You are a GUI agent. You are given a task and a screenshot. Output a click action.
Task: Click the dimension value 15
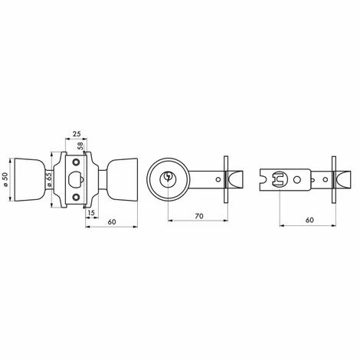pos(90,214)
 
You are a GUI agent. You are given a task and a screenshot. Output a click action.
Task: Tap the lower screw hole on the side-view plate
pos(75,199)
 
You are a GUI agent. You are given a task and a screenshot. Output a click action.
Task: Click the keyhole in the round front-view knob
pos(168,179)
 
